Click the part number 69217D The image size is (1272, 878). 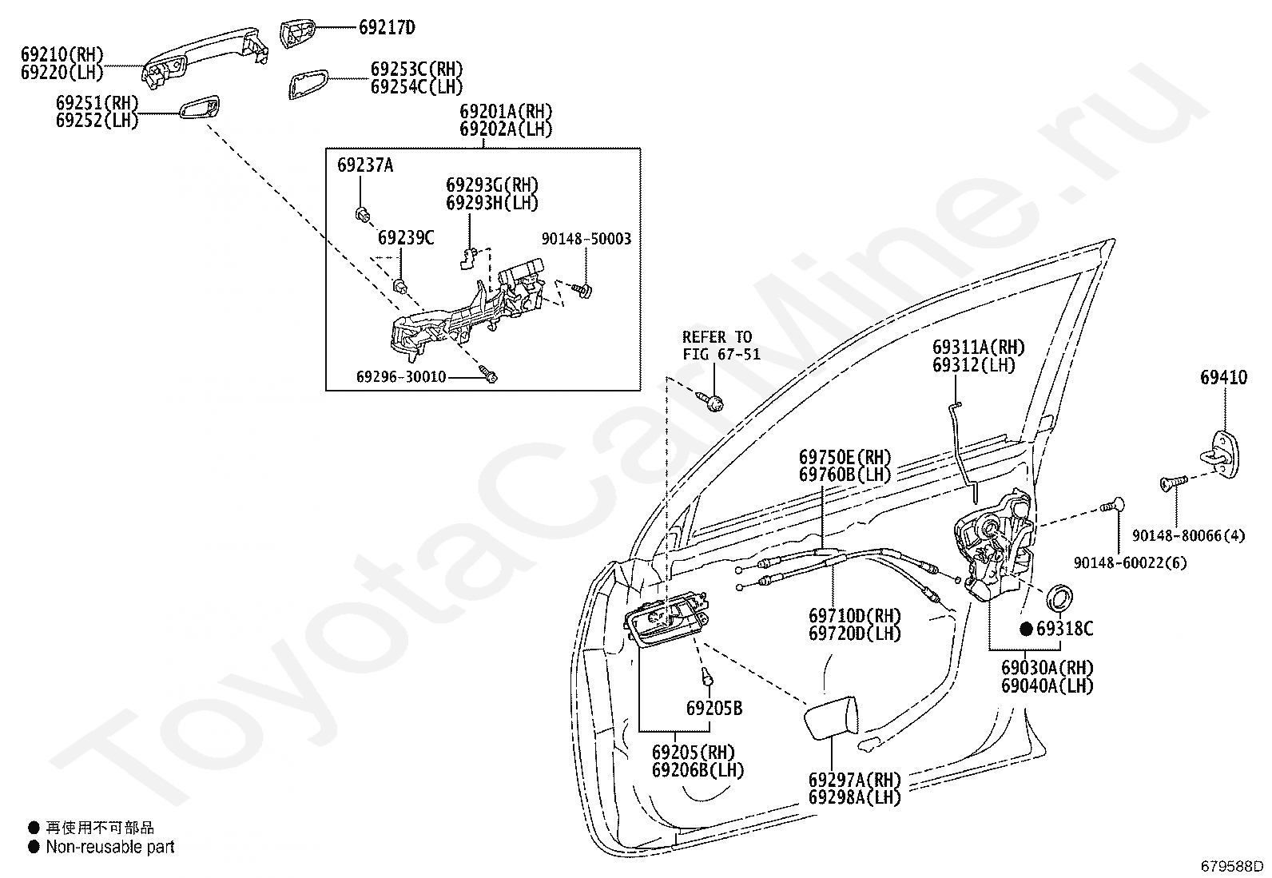pyautogui.click(x=386, y=28)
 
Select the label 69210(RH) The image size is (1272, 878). pyautogui.click(x=62, y=55)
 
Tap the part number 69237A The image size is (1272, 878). pyautogui.click(x=364, y=166)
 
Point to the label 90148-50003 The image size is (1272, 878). pyautogui.click(x=586, y=239)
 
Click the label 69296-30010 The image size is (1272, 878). pyautogui.click(x=402, y=376)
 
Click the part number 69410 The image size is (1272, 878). pyautogui.click(x=1222, y=377)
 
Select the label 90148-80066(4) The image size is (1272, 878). pyautogui.click(x=1188, y=536)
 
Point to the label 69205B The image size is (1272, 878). pyautogui.click(x=714, y=708)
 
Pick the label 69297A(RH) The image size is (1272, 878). pyautogui.click(x=854, y=779)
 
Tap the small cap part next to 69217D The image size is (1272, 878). pyautogui.click(x=298, y=34)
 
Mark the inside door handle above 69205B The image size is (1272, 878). pyautogui.click(x=666, y=621)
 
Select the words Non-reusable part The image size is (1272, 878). pyautogui.click(x=109, y=847)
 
